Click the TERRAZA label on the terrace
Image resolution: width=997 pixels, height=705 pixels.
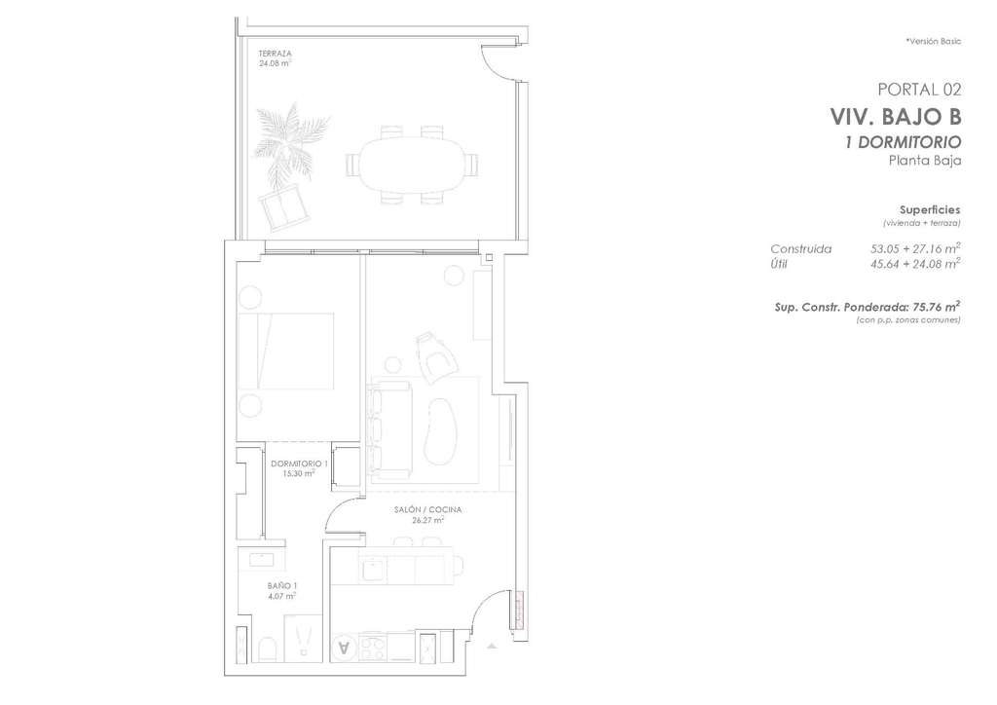tap(275, 54)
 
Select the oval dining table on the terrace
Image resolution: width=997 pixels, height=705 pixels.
tap(412, 165)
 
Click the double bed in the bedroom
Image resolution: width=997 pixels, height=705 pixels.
tap(285, 351)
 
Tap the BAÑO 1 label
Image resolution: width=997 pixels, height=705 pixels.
tap(281, 586)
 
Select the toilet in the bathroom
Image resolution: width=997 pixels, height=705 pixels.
tap(268, 649)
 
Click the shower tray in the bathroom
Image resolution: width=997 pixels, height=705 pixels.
tap(304, 639)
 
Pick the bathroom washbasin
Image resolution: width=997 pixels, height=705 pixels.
tap(261, 559)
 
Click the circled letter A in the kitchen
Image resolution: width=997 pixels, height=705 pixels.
tap(345, 648)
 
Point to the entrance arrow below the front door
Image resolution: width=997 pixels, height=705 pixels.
tap(492, 646)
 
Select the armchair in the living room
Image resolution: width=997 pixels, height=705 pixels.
tap(435, 357)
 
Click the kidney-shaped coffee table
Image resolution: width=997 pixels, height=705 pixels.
tap(440, 431)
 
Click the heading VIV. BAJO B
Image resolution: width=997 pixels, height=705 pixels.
tap(896, 118)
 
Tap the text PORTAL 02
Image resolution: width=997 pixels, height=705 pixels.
tap(919, 90)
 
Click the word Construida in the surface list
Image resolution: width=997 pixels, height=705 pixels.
tap(800, 249)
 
